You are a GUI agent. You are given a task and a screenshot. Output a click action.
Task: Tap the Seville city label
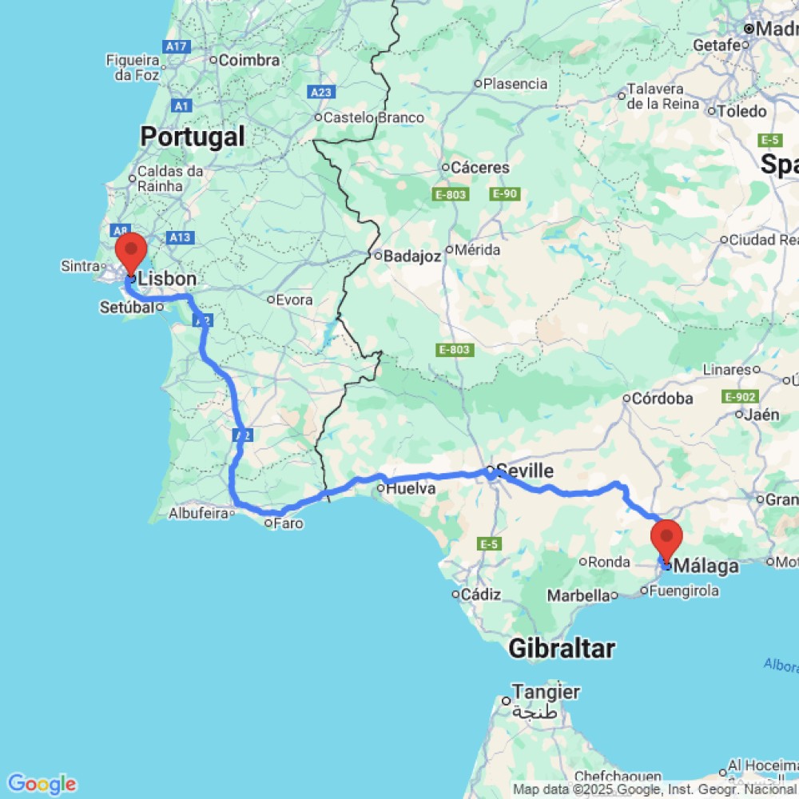(524, 471)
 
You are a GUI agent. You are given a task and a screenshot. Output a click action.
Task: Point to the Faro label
(287, 523)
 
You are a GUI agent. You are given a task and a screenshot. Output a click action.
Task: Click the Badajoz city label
(412, 256)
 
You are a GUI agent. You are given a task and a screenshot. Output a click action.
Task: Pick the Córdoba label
(662, 398)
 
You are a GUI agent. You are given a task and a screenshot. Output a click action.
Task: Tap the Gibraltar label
(562, 649)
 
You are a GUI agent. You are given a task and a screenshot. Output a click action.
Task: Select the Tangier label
(547, 692)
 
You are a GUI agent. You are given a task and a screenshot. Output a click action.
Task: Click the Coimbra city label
(248, 60)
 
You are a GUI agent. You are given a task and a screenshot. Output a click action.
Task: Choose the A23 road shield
(321, 93)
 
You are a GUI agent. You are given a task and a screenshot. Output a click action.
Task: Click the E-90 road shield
(506, 194)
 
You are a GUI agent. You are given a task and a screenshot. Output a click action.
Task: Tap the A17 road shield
(177, 47)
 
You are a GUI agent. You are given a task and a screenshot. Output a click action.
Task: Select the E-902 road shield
(738, 396)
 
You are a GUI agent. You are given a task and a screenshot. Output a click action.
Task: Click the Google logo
(42, 784)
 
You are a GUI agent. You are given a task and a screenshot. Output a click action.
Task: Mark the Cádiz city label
(486, 594)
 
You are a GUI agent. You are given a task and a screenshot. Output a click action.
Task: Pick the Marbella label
(578, 595)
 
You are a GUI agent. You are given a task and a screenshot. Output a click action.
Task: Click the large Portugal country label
(193, 137)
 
